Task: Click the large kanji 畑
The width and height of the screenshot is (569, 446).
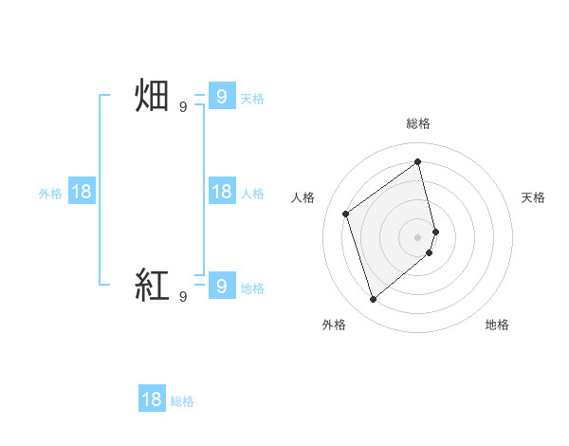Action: (x=152, y=97)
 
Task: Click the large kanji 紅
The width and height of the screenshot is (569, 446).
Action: (x=152, y=285)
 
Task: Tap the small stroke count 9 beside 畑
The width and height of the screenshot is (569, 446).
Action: (x=183, y=107)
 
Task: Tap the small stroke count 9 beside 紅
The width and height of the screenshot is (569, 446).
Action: (x=183, y=296)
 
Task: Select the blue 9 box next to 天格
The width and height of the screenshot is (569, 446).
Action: (x=221, y=97)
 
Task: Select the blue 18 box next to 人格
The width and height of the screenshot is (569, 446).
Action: (x=221, y=192)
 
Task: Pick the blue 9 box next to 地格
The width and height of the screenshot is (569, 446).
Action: (x=221, y=285)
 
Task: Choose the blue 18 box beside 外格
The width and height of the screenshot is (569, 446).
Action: (x=82, y=192)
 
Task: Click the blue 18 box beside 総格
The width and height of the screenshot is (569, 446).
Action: (x=152, y=399)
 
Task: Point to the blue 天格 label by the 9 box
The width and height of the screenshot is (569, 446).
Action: (x=252, y=99)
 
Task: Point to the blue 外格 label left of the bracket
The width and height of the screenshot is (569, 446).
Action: (x=50, y=194)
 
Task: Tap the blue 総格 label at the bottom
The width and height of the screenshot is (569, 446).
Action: (x=182, y=401)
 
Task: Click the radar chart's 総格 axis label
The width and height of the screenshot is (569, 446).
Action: (x=418, y=123)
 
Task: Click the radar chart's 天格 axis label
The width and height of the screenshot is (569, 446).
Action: (x=533, y=197)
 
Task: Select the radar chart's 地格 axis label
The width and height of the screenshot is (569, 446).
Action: (x=497, y=325)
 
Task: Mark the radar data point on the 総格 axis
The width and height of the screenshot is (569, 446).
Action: (x=418, y=162)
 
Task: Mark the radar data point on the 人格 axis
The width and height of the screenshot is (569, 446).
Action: (x=346, y=214)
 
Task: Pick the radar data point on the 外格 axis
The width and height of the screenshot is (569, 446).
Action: (x=373, y=300)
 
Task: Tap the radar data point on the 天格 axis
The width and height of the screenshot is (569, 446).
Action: (x=435, y=231)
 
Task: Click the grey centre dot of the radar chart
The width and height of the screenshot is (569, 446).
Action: (x=418, y=236)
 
